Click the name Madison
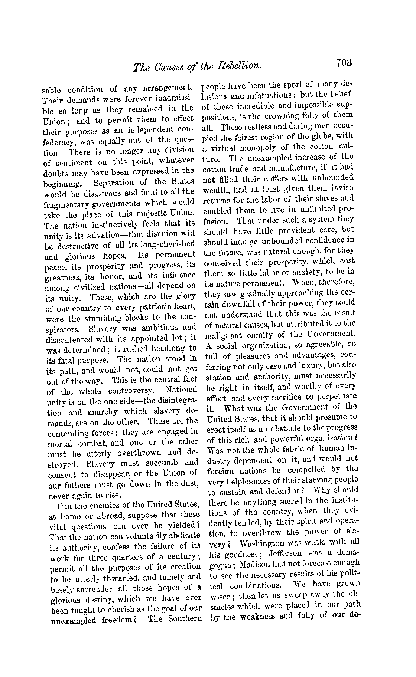point(259,564)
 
